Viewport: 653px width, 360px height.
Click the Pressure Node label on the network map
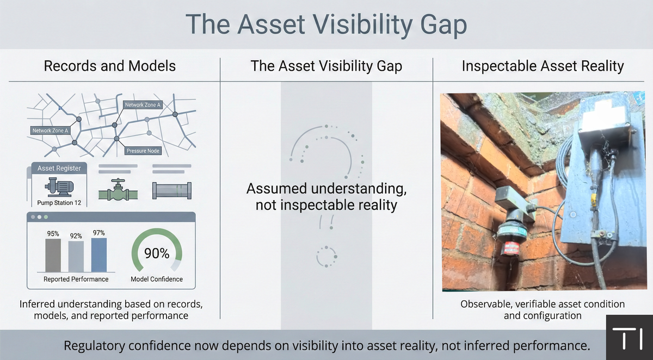point(144,151)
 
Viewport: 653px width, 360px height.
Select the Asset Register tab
point(59,169)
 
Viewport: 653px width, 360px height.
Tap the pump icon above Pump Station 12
point(59,187)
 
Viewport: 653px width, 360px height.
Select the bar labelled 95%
point(53,255)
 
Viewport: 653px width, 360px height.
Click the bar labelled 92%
point(76,256)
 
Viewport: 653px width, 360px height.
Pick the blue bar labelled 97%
point(99,254)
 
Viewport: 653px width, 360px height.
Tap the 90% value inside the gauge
point(157,253)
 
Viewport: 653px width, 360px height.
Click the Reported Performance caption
point(76,279)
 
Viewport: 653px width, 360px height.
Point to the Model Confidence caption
point(157,279)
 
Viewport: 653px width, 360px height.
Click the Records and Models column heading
point(109,66)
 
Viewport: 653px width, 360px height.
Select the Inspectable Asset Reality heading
point(543,66)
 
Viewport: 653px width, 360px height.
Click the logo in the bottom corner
point(629,338)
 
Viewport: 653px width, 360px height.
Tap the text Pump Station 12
point(59,203)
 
